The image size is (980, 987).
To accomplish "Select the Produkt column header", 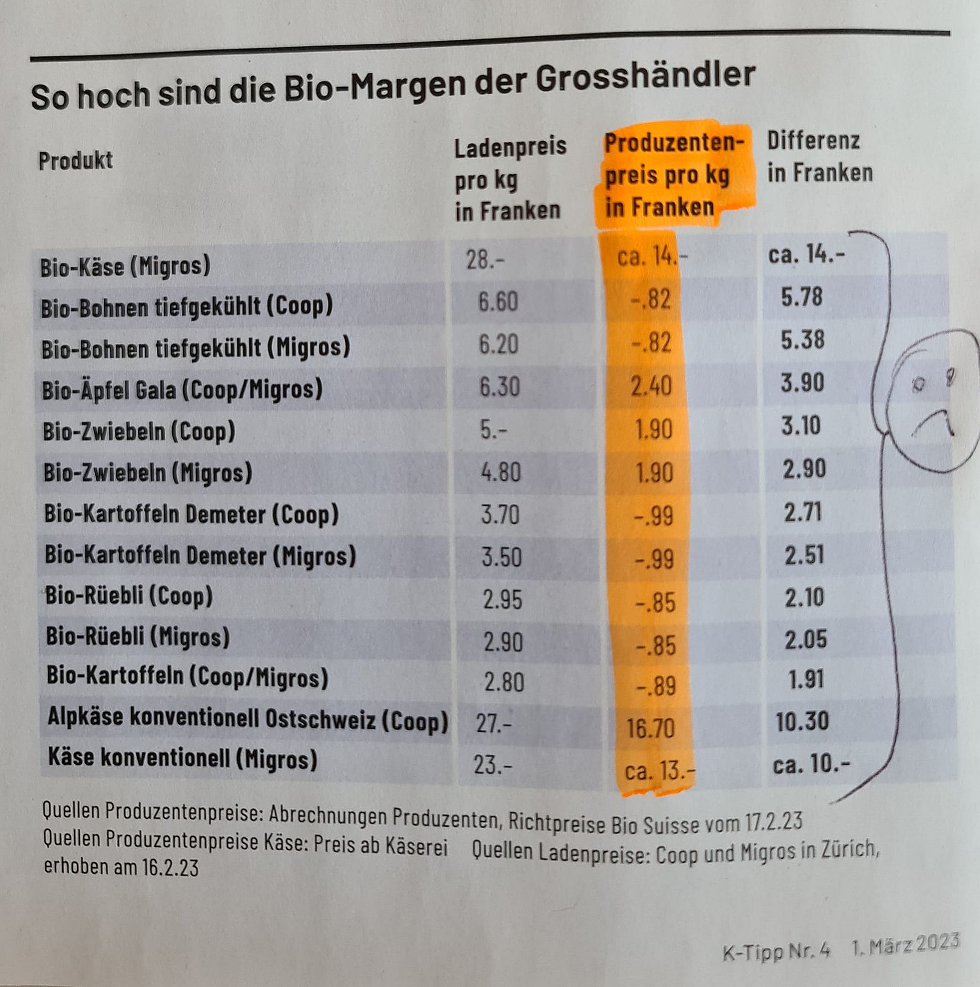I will [x=75, y=161].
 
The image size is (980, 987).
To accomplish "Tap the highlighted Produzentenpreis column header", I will [x=673, y=175].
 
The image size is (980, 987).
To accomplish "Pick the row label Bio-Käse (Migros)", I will [x=125, y=267].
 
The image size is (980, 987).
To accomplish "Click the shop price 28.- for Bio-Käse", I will [x=484, y=261].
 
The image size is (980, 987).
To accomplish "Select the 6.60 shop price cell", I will [x=497, y=302].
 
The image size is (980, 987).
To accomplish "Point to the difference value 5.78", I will [x=801, y=297].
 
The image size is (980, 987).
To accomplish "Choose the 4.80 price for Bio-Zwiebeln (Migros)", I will [x=500, y=472].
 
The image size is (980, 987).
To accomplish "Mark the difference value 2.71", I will [x=803, y=512].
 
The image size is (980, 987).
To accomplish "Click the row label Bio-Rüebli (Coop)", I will [x=129, y=596].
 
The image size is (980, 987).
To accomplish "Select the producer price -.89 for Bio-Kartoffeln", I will [x=655, y=686].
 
